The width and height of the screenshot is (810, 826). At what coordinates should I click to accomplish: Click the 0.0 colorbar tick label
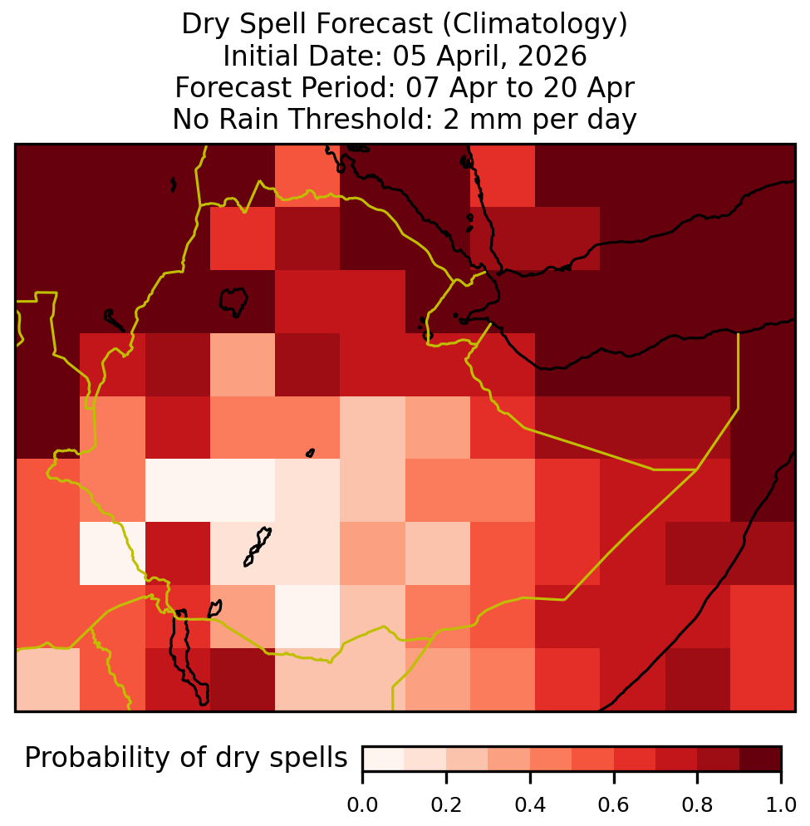[362, 804]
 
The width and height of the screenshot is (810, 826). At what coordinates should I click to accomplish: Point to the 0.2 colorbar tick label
[446, 804]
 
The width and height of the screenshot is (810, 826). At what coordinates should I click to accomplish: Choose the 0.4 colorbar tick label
[530, 804]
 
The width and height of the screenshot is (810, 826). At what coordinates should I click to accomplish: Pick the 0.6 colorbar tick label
[614, 804]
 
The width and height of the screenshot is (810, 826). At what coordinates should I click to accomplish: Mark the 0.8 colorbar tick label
[697, 804]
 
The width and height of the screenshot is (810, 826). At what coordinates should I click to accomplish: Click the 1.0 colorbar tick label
[781, 804]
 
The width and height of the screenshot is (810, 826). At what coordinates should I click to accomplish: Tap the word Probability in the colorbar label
[99, 759]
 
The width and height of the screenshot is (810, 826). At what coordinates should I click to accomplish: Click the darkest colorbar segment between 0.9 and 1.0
[760, 759]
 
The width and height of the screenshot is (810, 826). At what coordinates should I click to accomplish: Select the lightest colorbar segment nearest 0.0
[384, 759]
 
